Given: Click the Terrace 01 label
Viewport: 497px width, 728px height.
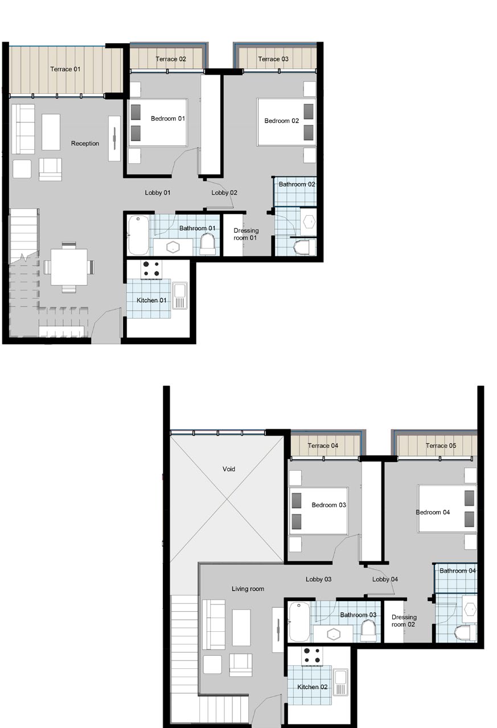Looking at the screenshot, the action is [x=65, y=69].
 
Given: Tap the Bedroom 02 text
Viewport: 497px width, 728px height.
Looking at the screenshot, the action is [x=281, y=121].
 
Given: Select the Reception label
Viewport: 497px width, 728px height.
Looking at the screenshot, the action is [x=85, y=143].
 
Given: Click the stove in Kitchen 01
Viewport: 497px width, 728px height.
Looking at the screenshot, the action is [x=151, y=269].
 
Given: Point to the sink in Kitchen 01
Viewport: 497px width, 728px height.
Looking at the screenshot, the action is [x=180, y=296].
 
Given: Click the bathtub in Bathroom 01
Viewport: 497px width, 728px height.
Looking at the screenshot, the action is [x=139, y=235].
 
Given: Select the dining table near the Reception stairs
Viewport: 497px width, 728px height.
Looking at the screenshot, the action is [x=69, y=267].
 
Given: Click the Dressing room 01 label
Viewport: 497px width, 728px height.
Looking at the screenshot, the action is [x=246, y=234].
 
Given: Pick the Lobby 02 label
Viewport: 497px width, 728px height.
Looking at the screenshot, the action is [x=224, y=193].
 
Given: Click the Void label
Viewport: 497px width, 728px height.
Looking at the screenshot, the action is [x=229, y=469].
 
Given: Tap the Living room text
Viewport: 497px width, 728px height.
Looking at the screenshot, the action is [x=248, y=589].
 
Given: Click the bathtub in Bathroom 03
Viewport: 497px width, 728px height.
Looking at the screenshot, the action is [x=299, y=622].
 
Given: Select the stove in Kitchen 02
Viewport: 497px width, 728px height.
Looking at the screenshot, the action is [x=313, y=656].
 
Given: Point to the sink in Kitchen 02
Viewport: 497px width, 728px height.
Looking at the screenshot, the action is [x=340, y=682].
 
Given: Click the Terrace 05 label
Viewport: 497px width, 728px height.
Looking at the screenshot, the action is [x=441, y=446].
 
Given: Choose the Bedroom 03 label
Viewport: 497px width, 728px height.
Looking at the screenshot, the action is [x=328, y=505].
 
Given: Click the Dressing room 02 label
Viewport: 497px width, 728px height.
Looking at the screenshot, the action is [x=404, y=621].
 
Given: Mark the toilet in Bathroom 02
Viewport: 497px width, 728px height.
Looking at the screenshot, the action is [x=305, y=247].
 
